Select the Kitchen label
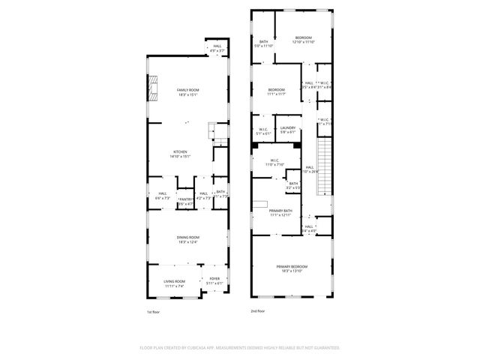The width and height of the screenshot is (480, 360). click(180, 154)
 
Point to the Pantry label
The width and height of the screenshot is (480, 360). click(185, 201)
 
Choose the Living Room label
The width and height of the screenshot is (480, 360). click(174, 283)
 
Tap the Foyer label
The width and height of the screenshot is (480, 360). click(214, 282)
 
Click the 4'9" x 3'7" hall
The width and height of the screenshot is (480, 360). click(217, 48)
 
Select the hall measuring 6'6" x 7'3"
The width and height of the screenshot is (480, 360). click(163, 196)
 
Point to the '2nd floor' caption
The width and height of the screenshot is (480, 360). click(259, 310)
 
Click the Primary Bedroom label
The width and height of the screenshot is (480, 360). click(292, 268)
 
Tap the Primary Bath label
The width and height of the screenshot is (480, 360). click(281, 212)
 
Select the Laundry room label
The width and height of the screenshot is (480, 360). click(288, 130)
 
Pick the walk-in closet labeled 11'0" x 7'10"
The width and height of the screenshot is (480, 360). click(274, 161)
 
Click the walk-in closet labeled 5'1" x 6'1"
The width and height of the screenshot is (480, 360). click(264, 131)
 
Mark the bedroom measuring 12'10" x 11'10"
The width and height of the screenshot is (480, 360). click(303, 39)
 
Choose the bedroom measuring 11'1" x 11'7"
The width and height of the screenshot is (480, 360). click(277, 91)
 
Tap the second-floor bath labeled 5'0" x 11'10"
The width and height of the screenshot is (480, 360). click(264, 43)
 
